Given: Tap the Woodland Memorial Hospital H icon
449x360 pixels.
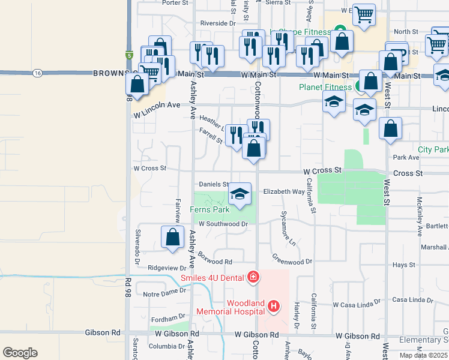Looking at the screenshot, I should click(274, 307).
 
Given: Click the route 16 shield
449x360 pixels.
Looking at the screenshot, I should click(38, 73).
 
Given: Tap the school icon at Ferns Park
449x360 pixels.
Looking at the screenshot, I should click(240, 195).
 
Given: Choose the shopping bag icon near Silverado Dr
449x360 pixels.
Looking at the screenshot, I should click(173, 237).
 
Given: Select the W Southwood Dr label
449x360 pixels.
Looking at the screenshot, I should click(223, 224).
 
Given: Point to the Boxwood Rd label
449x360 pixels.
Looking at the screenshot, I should click(215, 262).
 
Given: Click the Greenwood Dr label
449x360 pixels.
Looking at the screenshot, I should click(292, 261).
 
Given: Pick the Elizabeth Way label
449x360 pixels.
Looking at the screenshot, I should click(285, 192).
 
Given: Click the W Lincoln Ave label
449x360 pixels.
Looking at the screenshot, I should click(157, 105).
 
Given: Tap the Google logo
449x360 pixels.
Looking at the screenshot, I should click(20, 353).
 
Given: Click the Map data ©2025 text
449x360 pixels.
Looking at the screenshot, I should click(424, 355).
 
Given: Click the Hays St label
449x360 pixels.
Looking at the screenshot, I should click(403, 265).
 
